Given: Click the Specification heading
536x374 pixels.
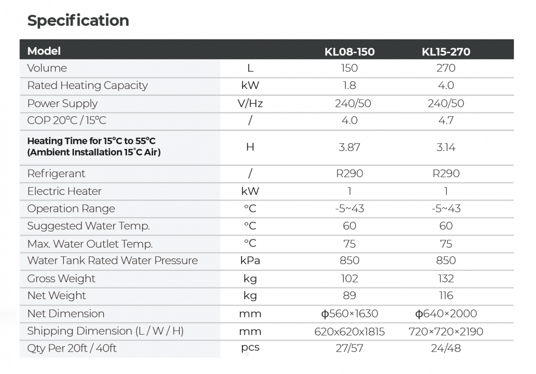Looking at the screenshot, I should click(x=78, y=20).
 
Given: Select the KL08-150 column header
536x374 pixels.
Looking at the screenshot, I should click(x=349, y=52).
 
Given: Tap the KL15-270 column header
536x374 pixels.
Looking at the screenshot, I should click(x=446, y=52).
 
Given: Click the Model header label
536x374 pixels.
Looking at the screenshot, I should click(x=44, y=51).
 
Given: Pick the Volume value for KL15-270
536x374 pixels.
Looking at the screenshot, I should click(x=446, y=68).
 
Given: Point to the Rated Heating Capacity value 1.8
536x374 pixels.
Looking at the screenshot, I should click(x=349, y=86).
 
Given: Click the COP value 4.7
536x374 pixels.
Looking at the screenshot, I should click(x=446, y=121).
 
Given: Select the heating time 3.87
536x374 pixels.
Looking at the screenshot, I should click(x=349, y=147).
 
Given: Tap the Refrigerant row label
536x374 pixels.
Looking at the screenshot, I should click(x=56, y=174).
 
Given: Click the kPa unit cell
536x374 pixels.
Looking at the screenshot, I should click(x=250, y=261).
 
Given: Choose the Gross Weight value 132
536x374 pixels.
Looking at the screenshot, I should click(x=446, y=278).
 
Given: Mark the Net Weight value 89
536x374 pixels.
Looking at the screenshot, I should click(x=349, y=295).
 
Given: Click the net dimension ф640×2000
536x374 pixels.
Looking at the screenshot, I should click(x=446, y=314).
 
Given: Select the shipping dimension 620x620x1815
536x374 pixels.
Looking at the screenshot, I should click(x=349, y=332).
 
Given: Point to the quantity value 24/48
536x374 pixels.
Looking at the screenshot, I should click(x=446, y=348).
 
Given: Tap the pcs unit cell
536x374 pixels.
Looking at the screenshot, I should click(x=250, y=347).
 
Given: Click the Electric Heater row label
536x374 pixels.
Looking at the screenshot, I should click(x=64, y=191).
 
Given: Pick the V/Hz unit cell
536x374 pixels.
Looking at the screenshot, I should click(x=250, y=103).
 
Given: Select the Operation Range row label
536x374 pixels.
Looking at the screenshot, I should click(x=71, y=209).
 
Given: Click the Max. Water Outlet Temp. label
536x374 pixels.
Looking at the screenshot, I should click(x=90, y=244).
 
